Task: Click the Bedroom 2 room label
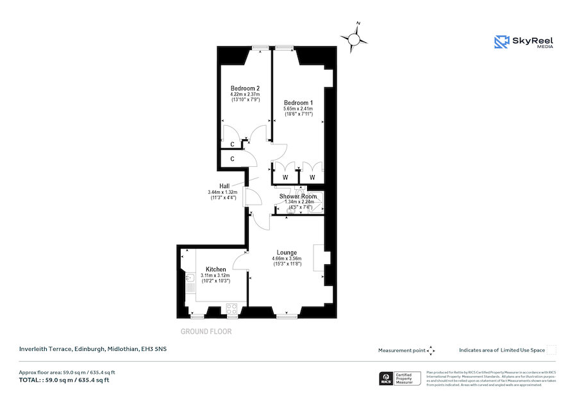tap(245, 89)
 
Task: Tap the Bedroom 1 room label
tap(298, 103)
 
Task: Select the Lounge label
tap(287, 252)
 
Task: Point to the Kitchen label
tap(215, 269)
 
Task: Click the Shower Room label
tap(297, 196)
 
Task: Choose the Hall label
tap(224, 186)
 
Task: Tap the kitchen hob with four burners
tap(231, 309)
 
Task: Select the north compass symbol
tap(353, 39)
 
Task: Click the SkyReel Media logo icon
tap(501, 42)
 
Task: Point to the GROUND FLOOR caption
tap(206, 332)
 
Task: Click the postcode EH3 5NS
tap(154, 349)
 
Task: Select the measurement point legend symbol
tap(431, 350)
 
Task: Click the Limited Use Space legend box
tap(551, 350)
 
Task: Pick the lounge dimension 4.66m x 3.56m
tap(287, 259)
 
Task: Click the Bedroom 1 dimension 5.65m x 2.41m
tap(298, 110)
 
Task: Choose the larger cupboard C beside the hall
tap(231, 158)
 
